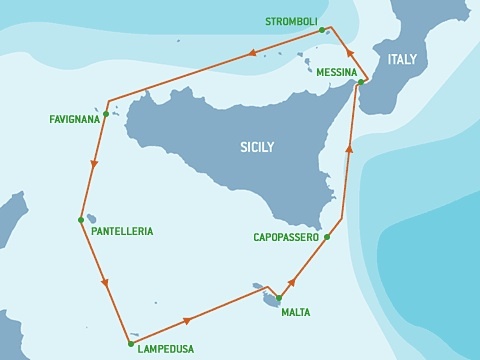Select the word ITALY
coord(402,60)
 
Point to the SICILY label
coord(257,147)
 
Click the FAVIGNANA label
coord(74,119)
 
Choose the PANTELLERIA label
coord(122,231)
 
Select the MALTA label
coord(295,312)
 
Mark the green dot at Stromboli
coord(322,30)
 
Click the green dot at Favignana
coord(105,114)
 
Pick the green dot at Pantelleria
coord(81,219)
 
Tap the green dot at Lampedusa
coord(130,343)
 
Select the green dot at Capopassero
coord(327,237)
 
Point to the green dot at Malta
coord(279,298)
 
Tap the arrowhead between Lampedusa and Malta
coord(187,321)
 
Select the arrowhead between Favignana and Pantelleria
coord(93,163)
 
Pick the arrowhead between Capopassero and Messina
coord(349,148)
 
